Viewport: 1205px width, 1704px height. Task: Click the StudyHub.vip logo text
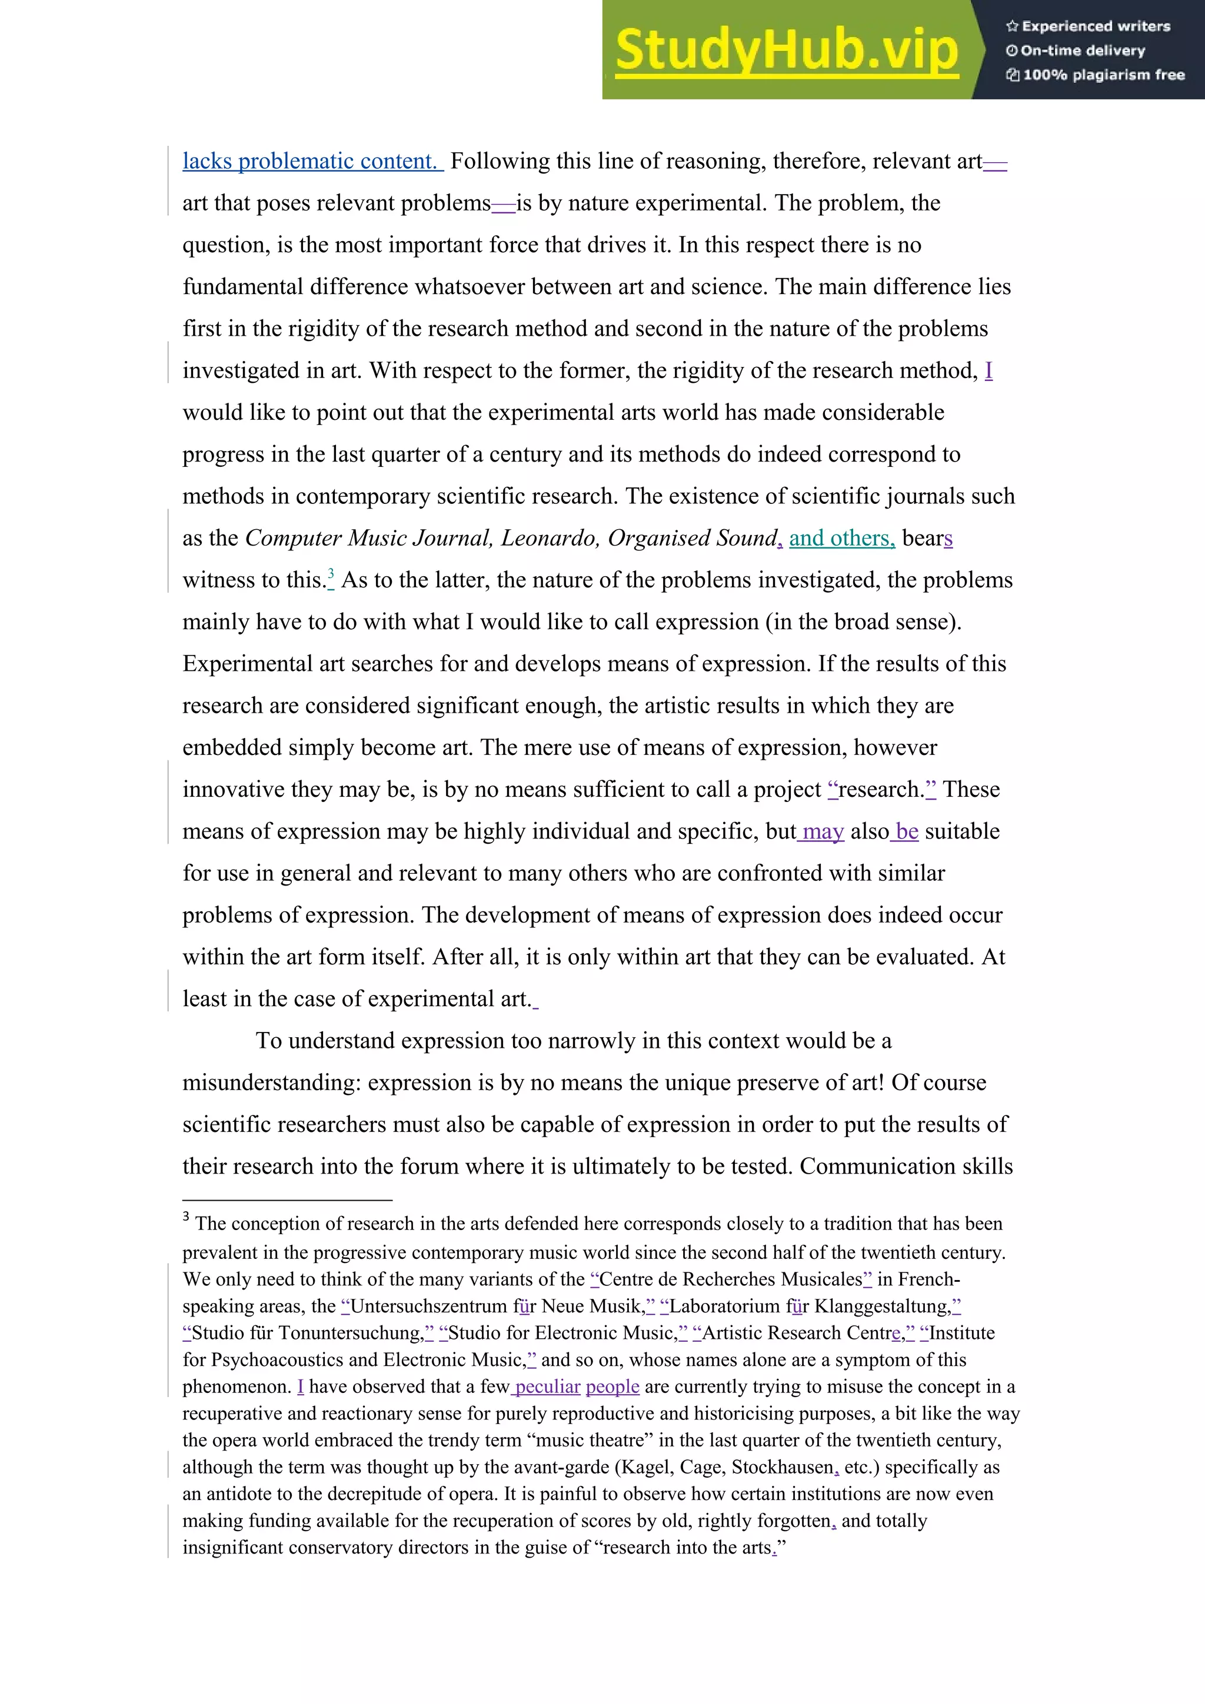(x=786, y=51)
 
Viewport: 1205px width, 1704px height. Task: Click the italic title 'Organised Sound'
(x=692, y=538)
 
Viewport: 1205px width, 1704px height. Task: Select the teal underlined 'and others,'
(x=841, y=538)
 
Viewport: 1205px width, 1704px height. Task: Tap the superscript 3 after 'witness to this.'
(x=331, y=574)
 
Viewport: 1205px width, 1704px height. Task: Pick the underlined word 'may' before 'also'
(x=823, y=831)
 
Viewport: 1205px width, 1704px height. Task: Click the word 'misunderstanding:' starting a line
(x=272, y=1083)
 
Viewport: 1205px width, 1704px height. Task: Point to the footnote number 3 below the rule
(x=187, y=1217)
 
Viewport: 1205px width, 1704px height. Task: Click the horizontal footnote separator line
(x=287, y=1200)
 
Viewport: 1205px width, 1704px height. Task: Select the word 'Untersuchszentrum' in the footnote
(x=428, y=1306)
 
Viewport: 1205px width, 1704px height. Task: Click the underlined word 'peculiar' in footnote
(x=547, y=1387)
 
